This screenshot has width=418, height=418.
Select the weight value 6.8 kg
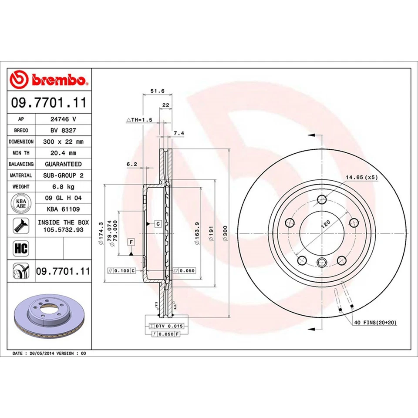(x=63, y=187)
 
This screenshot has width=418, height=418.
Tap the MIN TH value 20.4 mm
(x=63, y=153)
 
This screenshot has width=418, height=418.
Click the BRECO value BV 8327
(x=63, y=130)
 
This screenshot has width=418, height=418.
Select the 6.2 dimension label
(x=131, y=164)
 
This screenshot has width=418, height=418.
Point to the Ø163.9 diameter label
(x=197, y=236)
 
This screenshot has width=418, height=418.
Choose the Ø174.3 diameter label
(x=101, y=235)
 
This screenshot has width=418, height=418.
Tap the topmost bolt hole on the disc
(x=322, y=199)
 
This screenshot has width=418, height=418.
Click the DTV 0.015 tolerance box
(x=167, y=326)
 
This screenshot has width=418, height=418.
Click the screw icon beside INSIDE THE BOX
(x=20, y=225)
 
